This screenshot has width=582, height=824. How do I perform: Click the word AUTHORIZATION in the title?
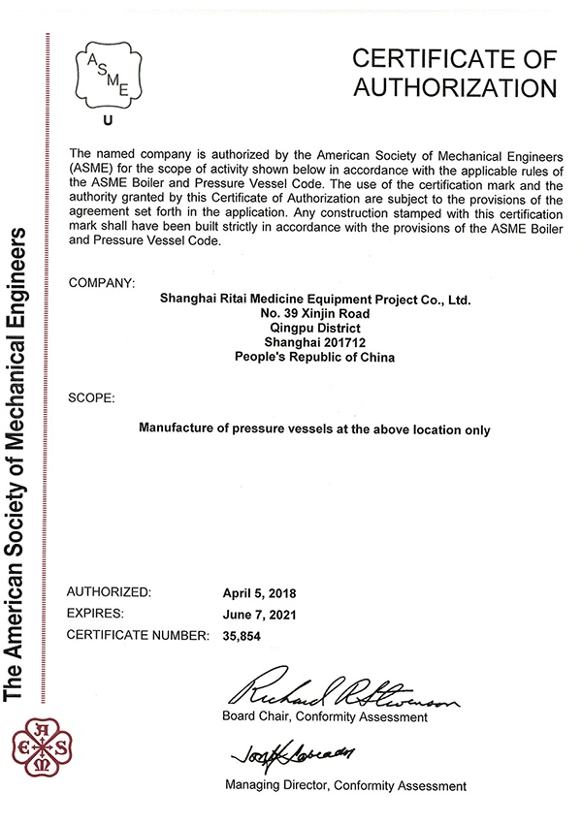[455, 88]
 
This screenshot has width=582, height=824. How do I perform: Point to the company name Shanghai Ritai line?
[315, 301]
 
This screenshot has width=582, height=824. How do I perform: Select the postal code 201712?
[339, 342]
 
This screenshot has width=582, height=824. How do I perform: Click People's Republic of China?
[315, 357]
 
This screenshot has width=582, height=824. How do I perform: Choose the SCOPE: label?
[93, 398]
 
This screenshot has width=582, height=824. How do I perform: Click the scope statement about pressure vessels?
[315, 428]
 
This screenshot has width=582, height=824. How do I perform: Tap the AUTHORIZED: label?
[109, 591]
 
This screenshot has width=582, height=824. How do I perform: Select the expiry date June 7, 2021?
[257, 615]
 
